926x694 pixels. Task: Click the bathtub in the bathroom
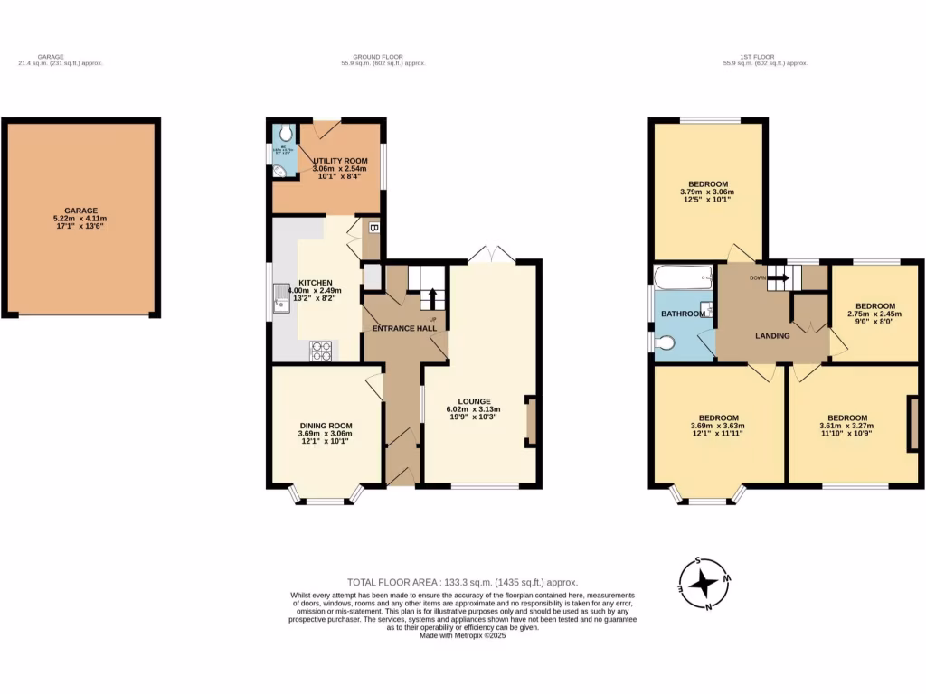[x=685, y=275]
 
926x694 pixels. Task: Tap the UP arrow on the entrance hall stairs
[x=432, y=298]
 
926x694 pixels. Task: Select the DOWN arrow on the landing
[x=777, y=278]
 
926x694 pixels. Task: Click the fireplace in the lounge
[x=531, y=421]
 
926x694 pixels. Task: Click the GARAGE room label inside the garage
[x=80, y=211]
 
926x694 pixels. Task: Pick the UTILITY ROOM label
[x=327, y=160]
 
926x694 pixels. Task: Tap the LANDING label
[x=772, y=336]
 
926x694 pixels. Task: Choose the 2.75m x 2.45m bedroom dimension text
[x=874, y=314]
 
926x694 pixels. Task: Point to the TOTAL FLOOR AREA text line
[x=462, y=582]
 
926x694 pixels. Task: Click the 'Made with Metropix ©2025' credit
[x=462, y=635]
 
